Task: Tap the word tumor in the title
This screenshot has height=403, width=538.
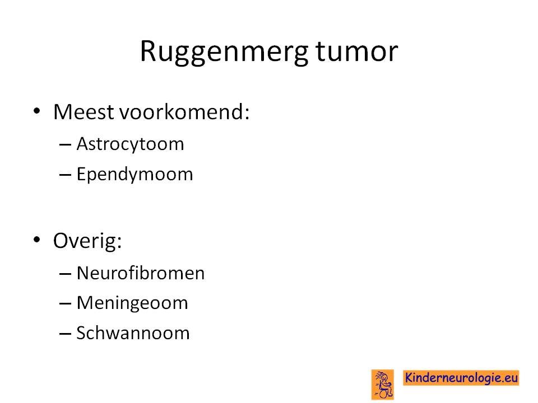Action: pos(356,51)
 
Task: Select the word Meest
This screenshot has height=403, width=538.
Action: pos(84,112)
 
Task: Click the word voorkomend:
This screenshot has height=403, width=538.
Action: pos(184,112)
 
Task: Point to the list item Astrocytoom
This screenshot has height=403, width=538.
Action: pos(131,144)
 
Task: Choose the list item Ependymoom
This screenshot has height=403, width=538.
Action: pos(134,175)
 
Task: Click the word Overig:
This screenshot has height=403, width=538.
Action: pos(87,241)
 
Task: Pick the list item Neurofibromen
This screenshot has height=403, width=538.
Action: pos(140,273)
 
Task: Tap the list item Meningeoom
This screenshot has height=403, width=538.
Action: pos(132,303)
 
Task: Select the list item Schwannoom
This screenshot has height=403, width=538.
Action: pos(133,333)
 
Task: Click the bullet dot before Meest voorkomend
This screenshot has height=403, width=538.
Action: pos(37,111)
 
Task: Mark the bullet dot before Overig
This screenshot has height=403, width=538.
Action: pos(37,240)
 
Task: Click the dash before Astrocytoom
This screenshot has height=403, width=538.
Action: pos(65,145)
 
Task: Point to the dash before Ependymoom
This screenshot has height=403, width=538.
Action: pos(65,175)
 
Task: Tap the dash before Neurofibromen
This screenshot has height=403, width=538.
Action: pos(65,274)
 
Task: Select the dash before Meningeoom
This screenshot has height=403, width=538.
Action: pos(65,304)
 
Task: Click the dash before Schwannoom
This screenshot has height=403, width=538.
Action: pos(65,334)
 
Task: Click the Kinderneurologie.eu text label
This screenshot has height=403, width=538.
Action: pos(461,378)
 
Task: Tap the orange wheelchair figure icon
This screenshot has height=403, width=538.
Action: pos(383,385)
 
